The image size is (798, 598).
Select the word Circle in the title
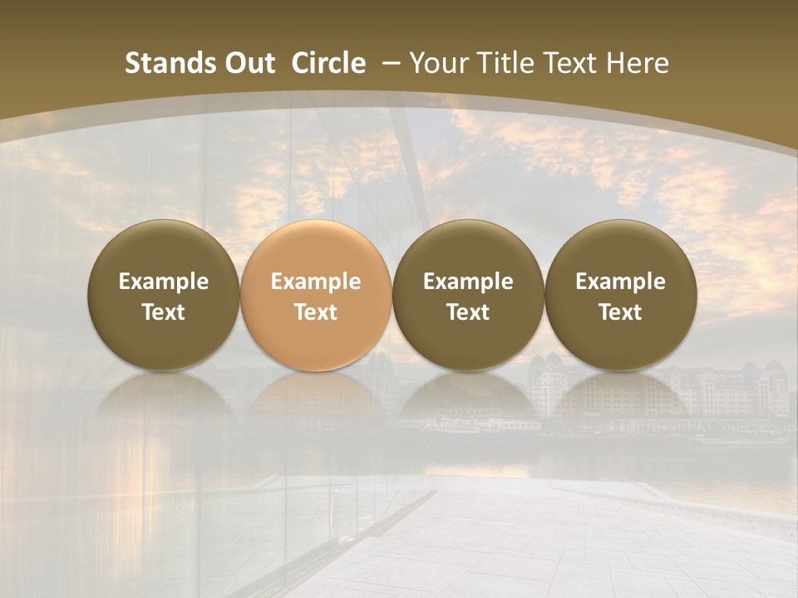[x=328, y=63]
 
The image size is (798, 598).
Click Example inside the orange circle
[x=316, y=282]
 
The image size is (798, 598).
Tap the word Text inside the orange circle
[x=316, y=312]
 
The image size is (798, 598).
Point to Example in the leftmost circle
[x=164, y=282]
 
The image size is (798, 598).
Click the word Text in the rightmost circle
[x=620, y=312]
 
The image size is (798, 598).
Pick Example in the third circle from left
[x=468, y=282]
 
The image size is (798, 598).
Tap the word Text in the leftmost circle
[x=164, y=312]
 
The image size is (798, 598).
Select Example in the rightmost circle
[x=620, y=282]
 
